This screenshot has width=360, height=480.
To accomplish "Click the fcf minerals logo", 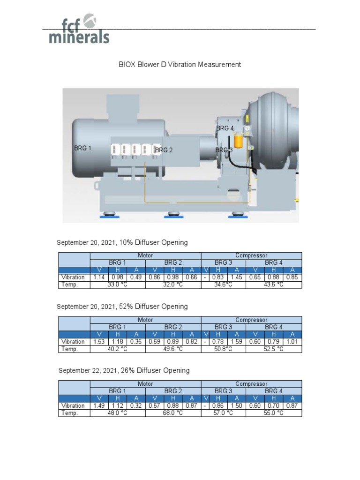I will tap(79, 30).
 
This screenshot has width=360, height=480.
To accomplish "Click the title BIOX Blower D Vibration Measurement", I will tap(180, 64).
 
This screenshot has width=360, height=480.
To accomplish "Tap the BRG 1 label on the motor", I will tap(82, 148).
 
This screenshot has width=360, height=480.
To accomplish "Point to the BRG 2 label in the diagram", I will tap(164, 150).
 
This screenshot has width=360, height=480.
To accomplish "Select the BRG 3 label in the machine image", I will tap(224, 150).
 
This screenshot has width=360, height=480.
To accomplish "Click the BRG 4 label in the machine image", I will tap(225, 128).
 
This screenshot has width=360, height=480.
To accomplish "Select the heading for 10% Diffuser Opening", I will tap(122, 242).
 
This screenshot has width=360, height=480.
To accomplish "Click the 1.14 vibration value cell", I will tap(99, 277).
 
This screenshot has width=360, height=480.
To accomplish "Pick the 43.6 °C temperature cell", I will tap(273, 285).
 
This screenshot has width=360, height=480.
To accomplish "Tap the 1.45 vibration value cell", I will tap(237, 277).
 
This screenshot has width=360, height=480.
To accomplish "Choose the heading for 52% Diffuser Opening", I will tap(122, 306).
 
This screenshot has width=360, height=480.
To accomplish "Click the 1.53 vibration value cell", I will tap(99, 341).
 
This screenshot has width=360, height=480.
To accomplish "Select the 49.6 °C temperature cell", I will tap(173, 349).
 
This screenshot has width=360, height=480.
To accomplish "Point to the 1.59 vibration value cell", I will tap(237, 341).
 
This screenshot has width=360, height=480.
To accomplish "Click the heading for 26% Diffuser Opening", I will tap(124, 370).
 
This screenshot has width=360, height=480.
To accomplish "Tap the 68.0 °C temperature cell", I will tap(173, 413).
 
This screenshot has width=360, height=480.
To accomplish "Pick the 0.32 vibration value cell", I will tap(136, 405).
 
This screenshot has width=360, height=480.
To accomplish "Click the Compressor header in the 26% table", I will tap(251, 384).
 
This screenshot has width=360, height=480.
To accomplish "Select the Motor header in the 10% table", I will tap(145, 255).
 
